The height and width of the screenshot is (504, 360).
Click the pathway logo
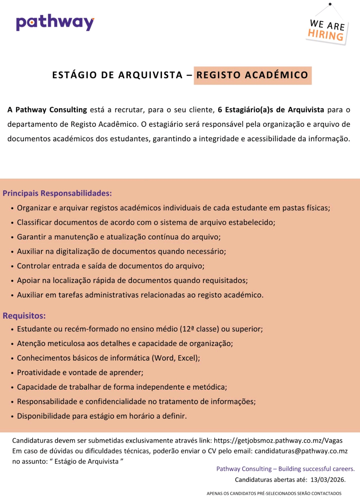(55, 22)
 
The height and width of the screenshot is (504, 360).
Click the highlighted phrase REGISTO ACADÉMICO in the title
(252, 75)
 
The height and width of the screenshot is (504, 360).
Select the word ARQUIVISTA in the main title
(150, 75)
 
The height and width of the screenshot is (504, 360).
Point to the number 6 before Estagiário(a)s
(220, 110)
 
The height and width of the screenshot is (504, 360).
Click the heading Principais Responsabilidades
(57, 193)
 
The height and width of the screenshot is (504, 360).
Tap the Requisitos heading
(24, 316)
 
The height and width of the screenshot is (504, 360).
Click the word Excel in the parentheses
(187, 358)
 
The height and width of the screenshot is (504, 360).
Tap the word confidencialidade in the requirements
(115, 401)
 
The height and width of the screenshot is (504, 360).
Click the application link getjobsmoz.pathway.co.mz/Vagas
(278, 441)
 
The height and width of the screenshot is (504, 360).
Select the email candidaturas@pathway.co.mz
(301, 451)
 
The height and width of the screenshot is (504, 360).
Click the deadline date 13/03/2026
(328, 480)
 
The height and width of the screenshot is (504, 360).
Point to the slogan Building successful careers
(316, 469)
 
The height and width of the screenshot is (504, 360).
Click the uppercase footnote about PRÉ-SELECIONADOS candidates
(274, 493)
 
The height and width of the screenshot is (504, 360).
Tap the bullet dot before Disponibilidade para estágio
(12, 417)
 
